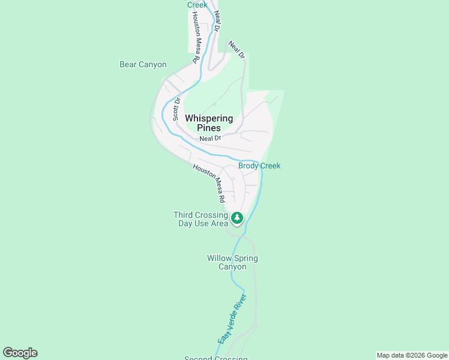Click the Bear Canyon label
tap(143, 65)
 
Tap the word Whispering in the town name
tap(209, 119)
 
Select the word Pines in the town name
tap(209, 128)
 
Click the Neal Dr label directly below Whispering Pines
tap(210, 138)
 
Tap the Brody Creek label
tap(259, 166)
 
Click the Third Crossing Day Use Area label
tap(200, 219)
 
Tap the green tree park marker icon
tap(237, 218)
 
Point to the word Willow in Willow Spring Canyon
tap(220, 259)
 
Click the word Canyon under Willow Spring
tap(232, 267)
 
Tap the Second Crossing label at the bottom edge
tap(215, 358)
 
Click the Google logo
tap(20, 353)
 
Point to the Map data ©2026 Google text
tap(412, 355)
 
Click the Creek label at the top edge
tap(197, 5)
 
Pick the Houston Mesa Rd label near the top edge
tap(196, 37)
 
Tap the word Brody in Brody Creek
tap(249, 166)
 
